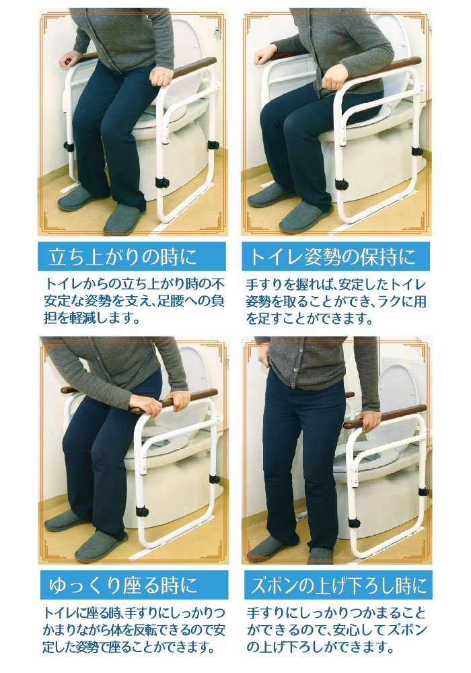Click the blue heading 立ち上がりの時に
(122, 256)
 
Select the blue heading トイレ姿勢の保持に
(333, 256)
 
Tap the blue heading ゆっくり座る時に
(123, 585)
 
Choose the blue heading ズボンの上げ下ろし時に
(338, 585)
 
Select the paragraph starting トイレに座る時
(134, 630)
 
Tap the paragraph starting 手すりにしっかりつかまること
(336, 630)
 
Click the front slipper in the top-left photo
(124, 219)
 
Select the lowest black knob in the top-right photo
(342, 184)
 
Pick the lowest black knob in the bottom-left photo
(142, 511)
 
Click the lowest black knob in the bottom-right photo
(354, 523)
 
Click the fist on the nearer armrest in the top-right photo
(334, 77)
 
